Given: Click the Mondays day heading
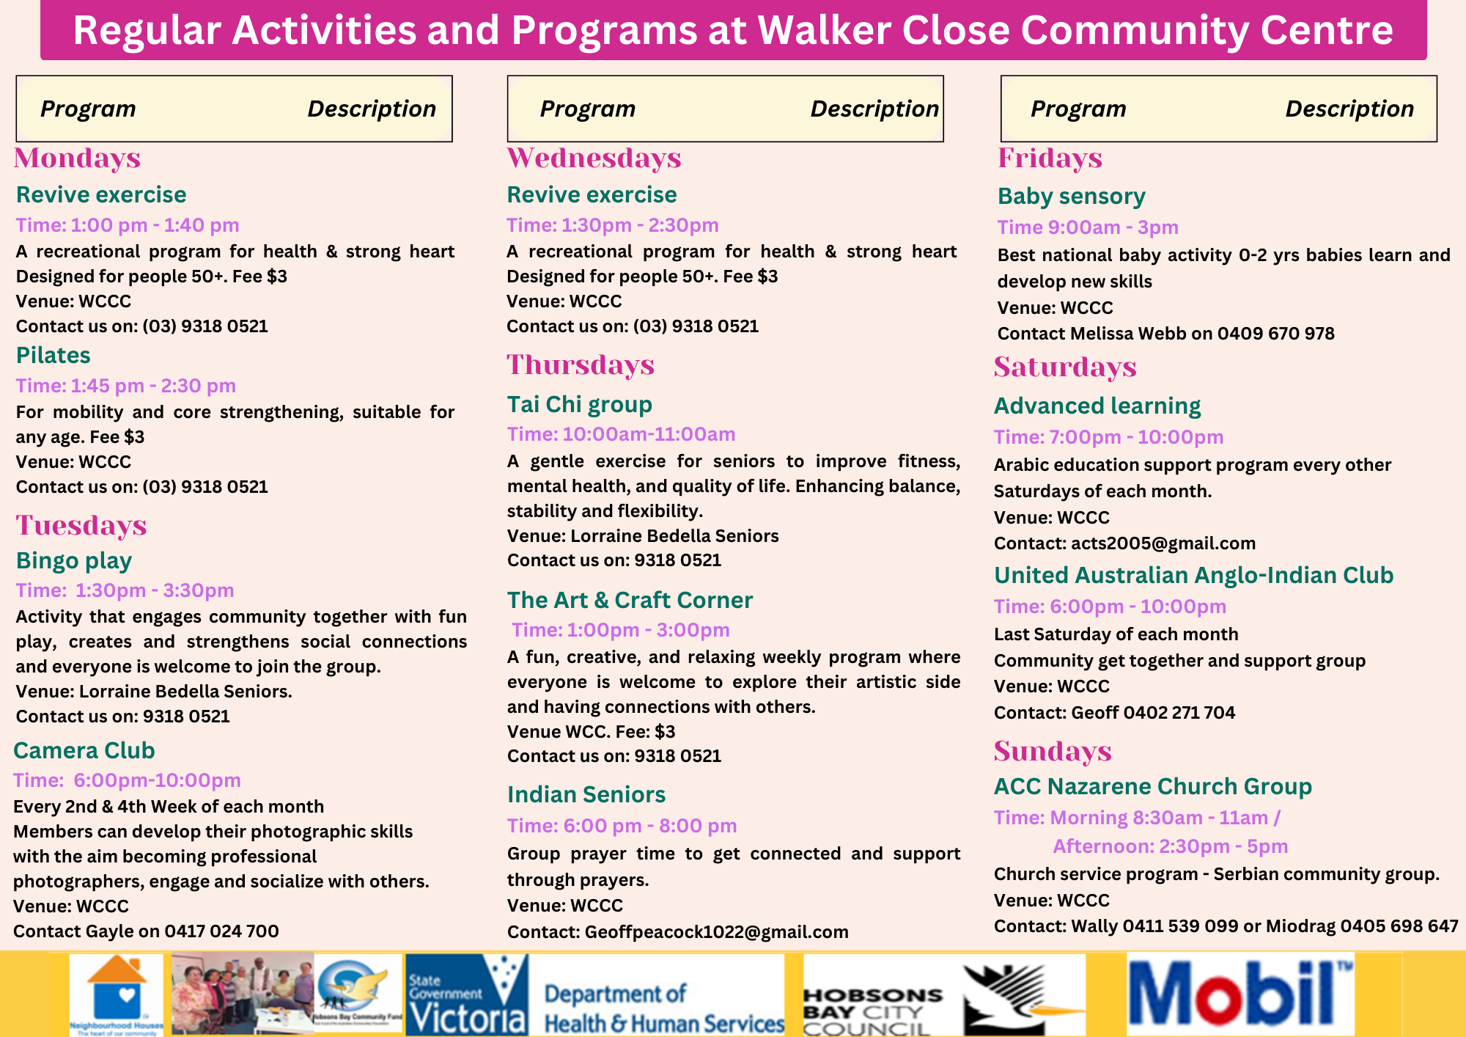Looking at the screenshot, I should point(77,158).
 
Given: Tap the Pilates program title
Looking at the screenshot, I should point(54,355).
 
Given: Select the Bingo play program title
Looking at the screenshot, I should point(74,560).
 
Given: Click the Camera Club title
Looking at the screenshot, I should point(84,750).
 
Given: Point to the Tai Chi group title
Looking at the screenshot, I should point(579,404).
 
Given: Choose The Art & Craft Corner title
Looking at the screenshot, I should point(630,600).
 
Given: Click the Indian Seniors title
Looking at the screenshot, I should point(586,794).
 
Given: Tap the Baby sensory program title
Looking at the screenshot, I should point(1071,196).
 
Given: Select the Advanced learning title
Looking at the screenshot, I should point(1097,406).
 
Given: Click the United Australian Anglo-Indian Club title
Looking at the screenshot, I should point(1193,575).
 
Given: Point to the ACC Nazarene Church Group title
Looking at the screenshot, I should point(1152,786).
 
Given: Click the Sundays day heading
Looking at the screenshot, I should point(1052,752).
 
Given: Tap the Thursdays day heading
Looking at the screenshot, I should point(581,365).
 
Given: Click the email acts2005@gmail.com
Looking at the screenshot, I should point(1163,543).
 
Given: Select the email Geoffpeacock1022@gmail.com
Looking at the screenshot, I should point(716,932).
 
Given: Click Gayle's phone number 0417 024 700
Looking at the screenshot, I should point(221,931).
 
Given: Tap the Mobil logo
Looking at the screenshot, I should point(1240,994).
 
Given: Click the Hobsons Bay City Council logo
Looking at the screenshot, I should point(943,995).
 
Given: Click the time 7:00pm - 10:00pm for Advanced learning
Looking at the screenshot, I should point(1135,437).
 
